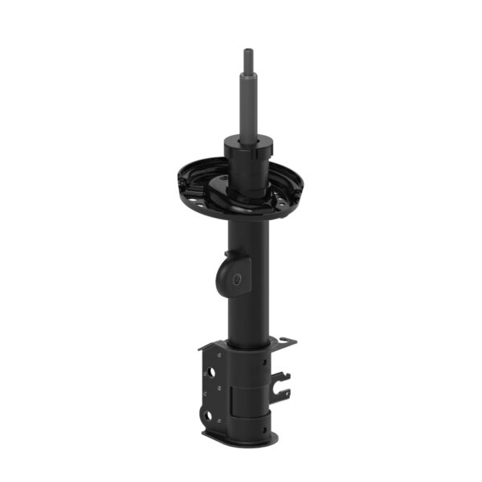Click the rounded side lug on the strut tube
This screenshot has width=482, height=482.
pyautogui.click(x=232, y=272)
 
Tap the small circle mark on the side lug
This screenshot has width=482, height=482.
pyautogui.click(x=237, y=279)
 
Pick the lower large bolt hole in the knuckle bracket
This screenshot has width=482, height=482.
pyautogui.click(x=208, y=416)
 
